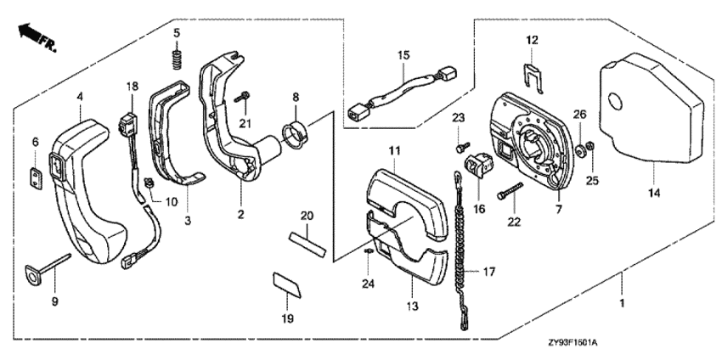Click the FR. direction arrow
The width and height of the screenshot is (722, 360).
(37, 37)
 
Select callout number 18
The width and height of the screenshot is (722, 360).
(133, 86)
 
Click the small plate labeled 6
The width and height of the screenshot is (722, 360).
(35, 177)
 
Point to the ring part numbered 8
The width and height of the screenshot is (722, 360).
(295, 135)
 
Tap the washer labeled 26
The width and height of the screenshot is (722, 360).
(579, 150)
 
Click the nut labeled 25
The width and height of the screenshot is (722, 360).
(592, 146)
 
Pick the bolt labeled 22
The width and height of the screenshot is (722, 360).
(510, 191)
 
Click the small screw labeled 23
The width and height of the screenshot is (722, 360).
(461, 149)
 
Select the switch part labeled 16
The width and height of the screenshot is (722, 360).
(480, 166)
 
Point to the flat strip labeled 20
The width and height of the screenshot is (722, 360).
(307, 245)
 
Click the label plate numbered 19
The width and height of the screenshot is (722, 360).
(287, 284)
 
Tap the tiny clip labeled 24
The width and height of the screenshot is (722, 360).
(368, 251)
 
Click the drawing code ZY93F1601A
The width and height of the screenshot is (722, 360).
(573, 343)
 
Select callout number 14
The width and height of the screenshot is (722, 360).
(654, 193)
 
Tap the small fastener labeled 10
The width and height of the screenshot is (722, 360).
(149, 183)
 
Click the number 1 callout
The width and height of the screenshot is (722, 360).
(622, 304)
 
